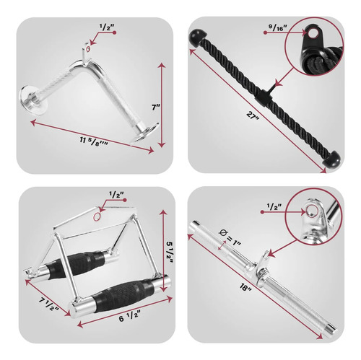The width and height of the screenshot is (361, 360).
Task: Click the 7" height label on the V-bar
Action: tap(156, 107)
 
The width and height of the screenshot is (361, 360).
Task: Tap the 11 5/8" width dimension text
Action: tap(94, 141)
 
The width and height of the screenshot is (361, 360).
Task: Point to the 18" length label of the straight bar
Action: tap(245, 287)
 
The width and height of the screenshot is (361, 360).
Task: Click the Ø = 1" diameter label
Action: tap(230, 237)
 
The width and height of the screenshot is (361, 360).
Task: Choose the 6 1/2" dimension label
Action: tap(129, 317)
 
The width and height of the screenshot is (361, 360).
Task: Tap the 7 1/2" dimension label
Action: tap(49, 304)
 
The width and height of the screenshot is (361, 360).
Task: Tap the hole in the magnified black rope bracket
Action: tap(313, 33)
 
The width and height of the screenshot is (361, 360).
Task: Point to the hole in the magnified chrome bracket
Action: tap(312, 211)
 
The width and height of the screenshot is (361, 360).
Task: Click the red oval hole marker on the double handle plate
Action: tap(97, 216)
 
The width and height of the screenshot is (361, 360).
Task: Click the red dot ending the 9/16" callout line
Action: tap(265, 32)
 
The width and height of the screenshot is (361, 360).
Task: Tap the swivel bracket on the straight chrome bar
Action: tap(262, 264)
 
